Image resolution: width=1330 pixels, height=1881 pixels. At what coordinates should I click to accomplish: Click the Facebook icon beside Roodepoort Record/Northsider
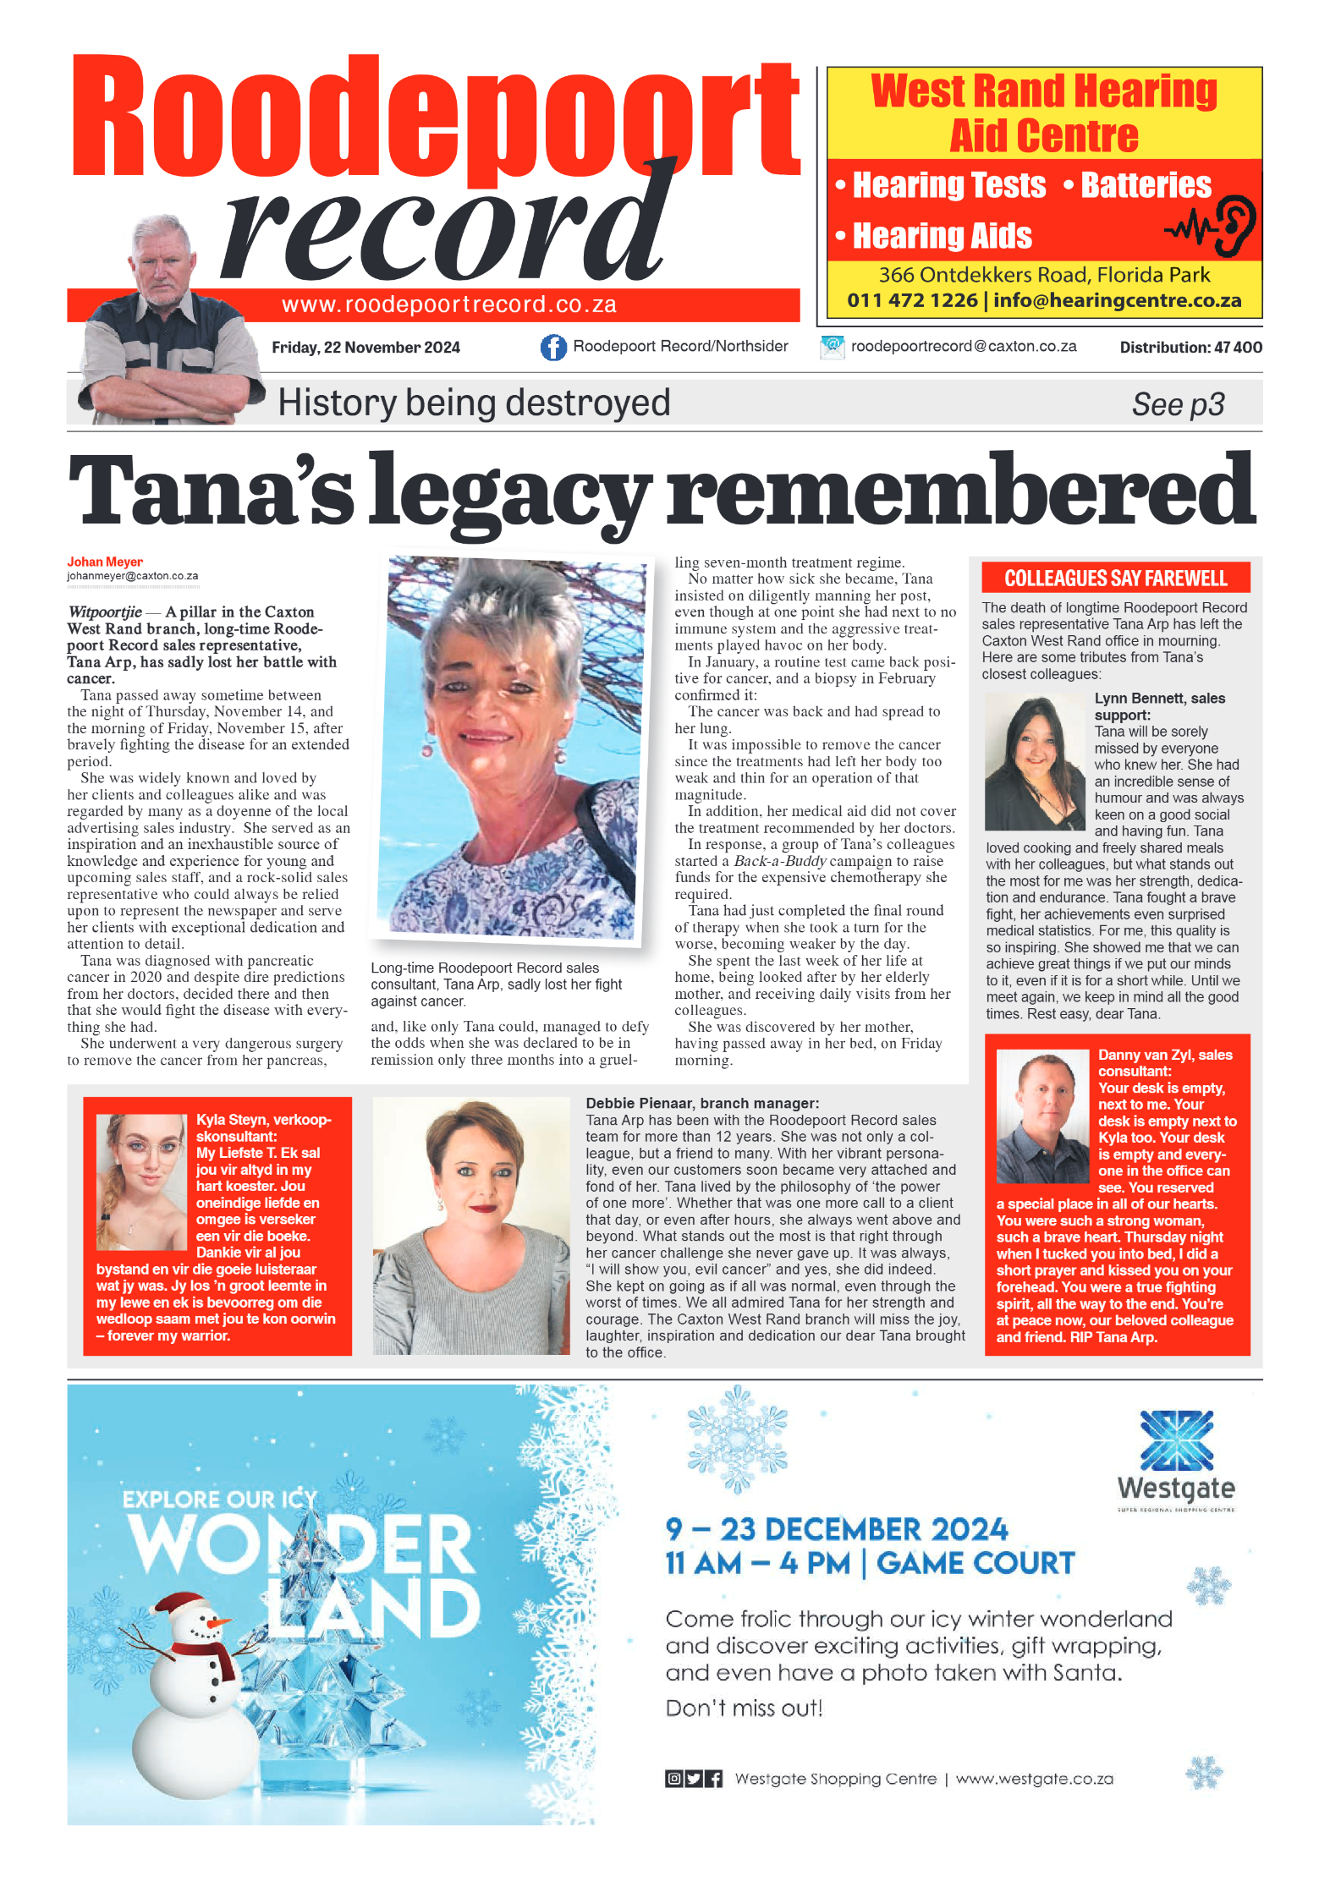coord(553,347)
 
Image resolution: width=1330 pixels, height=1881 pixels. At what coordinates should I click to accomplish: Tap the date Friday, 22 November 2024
coord(365,348)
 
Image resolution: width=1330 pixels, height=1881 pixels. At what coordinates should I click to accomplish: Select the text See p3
coord(1178,404)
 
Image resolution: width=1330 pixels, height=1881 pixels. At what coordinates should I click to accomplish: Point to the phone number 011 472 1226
coord(912,300)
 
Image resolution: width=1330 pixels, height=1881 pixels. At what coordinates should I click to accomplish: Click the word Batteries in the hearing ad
coord(1146,185)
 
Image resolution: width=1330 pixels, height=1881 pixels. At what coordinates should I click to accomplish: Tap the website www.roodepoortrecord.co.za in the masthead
coord(448,304)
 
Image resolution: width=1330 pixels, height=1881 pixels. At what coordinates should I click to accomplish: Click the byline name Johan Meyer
coord(105,562)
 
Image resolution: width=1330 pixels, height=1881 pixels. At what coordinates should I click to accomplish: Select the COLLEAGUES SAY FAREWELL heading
coord(1115,579)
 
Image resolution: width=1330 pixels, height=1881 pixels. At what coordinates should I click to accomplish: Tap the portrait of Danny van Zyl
coord(1041,1116)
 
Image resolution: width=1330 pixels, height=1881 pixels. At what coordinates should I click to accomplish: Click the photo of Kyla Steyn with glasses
coord(140,1181)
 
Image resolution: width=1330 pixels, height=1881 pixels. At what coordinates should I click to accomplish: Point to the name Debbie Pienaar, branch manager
coord(702,1103)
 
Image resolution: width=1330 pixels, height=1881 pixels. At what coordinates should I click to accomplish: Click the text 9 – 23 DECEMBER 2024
coord(836,1529)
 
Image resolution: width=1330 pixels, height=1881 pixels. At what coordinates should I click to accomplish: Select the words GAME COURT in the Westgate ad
coord(975,1564)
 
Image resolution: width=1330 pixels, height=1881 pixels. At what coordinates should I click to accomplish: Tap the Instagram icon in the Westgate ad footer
coord(673,1779)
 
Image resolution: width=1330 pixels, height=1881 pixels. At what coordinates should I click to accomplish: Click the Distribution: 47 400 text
coord(1190,348)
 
